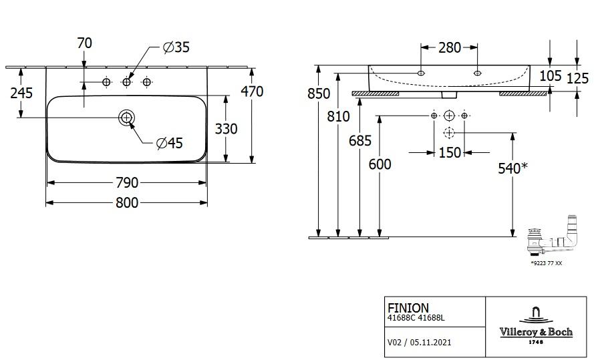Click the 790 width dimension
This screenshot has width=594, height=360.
pyautogui.click(x=127, y=183)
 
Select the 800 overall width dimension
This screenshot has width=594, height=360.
pyautogui.click(x=127, y=203)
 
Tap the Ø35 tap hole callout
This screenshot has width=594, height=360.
pyautogui.click(x=176, y=47)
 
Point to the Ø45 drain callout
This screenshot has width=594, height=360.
pyautogui.click(x=170, y=143)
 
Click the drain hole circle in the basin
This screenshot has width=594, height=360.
pyautogui.click(x=126, y=118)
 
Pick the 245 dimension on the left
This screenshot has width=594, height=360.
pyautogui.click(x=21, y=93)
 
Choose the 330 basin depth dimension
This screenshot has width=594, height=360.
pyautogui.click(x=226, y=129)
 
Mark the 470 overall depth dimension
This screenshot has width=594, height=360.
pyautogui.click(x=252, y=92)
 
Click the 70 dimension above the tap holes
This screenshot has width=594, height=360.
pyautogui.click(x=84, y=43)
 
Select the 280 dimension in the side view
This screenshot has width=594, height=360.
pyautogui.click(x=450, y=47)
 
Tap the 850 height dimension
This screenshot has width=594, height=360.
pyautogui.click(x=319, y=93)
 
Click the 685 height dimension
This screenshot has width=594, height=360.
pyautogui.click(x=360, y=141)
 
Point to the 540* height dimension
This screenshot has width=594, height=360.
pyautogui.click(x=512, y=168)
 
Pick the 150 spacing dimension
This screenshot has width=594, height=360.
pyautogui.click(x=450, y=153)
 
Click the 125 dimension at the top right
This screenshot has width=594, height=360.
pyautogui.click(x=578, y=78)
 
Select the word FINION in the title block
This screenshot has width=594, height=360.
pyautogui.click(x=408, y=308)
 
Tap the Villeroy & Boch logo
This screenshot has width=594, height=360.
pyautogui.click(x=536, y=325)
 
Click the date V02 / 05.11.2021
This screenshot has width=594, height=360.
pyautogui.click(x=420, y=343)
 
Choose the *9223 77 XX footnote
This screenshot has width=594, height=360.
pyautogui.click(x=547, y=263)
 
